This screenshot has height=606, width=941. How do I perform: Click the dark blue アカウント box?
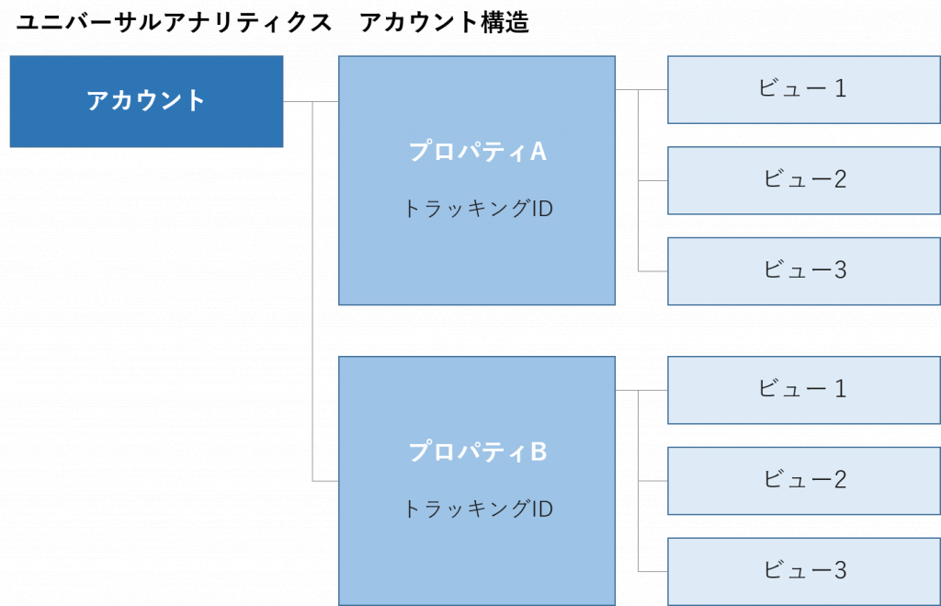coord(146,101)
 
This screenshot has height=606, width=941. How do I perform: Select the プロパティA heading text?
coord(477,152)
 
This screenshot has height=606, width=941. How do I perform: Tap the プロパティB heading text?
coord(477,452)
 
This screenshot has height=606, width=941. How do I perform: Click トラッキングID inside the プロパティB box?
coord(477,509)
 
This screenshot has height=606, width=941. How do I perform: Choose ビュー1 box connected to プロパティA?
coord(803,89)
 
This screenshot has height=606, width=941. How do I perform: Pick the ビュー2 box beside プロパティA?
coord(803,180)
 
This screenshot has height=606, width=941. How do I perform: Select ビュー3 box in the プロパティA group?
coord(803,271)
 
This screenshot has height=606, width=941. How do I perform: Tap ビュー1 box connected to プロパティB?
coord(803,390)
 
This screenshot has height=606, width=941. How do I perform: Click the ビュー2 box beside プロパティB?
coord(803,480)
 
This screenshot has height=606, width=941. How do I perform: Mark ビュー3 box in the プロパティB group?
coord(803,571)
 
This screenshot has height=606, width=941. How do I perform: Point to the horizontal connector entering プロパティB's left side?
coord(325,481)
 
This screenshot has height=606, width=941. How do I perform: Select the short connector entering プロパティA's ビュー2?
coord(652,181)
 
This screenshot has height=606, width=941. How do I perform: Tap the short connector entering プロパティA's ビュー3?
coord(652,271)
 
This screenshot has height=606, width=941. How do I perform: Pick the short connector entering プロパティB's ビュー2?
coord(652,481)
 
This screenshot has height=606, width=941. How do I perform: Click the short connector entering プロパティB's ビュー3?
coord(652,572)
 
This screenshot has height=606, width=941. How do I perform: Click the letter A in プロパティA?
coord(539,152)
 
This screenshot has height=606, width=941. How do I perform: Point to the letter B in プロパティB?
coord(539,452)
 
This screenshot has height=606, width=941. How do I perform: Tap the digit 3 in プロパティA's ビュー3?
coord(839,270)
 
